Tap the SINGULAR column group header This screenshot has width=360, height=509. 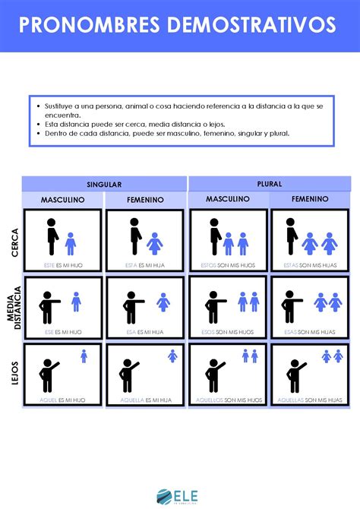(104, 184)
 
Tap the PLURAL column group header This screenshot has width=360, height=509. (270, 184)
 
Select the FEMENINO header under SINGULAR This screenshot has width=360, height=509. (145, 200)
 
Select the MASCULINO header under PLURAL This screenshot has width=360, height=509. (228, 199)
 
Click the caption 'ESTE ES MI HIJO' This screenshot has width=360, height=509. (63, 265)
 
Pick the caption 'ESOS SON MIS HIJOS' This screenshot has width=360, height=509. (228, 332)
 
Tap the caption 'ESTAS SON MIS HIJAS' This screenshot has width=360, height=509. (310, 265)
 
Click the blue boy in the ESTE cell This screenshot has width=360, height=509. (71, 244)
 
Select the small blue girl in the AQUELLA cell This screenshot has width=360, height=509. (172, 355)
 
